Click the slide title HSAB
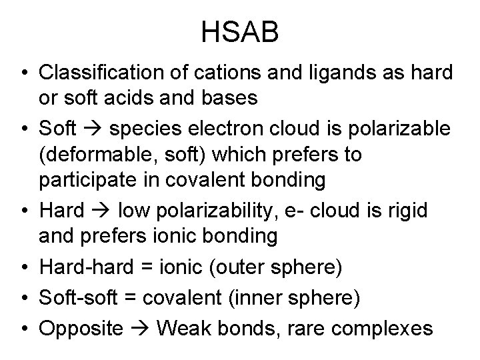coord(240,33)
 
